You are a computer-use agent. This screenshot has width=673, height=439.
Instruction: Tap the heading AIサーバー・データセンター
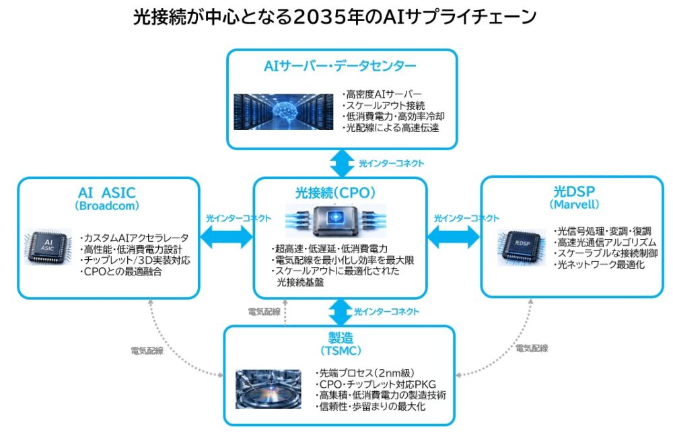coord(340,66)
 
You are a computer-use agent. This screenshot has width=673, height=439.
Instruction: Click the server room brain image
coord(283,112)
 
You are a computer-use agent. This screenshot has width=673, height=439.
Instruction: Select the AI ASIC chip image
coord(48,247)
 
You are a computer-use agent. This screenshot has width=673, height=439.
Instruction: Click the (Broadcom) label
coord(107,206)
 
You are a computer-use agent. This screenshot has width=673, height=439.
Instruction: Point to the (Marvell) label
coord(574,204)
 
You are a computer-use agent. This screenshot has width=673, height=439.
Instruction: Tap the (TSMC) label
coord(341,351)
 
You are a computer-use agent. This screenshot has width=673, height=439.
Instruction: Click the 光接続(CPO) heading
coord(335,193)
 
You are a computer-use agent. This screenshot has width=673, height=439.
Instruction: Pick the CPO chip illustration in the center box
coord(336,221)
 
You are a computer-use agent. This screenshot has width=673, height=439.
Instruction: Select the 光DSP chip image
coord(522,247)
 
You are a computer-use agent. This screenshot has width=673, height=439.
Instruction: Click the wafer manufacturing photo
coord(269,389)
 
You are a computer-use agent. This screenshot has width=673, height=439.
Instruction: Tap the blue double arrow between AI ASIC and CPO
coord(227,237)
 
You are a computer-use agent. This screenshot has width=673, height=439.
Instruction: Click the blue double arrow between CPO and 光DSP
coord(454,237)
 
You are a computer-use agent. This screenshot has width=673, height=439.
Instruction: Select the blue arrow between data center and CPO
coord(342,163)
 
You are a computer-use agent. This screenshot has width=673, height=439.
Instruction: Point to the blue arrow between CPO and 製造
coord(341,312)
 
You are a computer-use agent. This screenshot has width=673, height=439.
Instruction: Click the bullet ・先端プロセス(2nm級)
coord(365,373)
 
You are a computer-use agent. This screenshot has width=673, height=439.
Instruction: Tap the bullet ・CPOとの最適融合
coord(120,271)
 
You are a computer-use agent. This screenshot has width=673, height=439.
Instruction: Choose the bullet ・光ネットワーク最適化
coord(599,265)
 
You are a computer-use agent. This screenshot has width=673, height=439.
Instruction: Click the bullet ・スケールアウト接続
coord(384,105)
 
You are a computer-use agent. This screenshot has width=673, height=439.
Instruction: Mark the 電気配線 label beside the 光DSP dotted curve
coord(532,348)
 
